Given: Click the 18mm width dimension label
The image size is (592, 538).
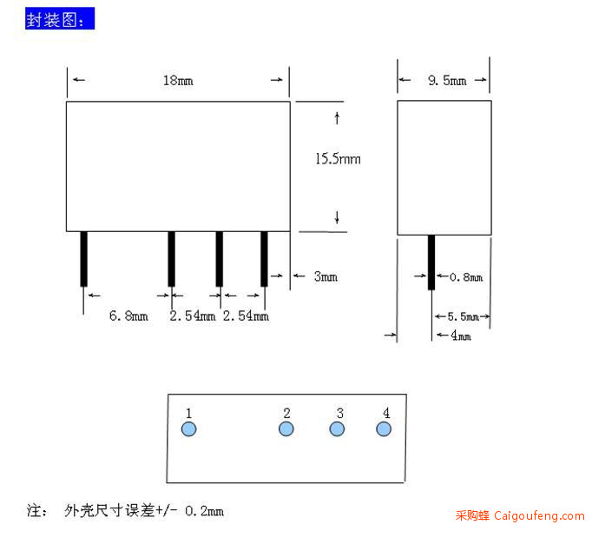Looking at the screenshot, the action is pos(178,81).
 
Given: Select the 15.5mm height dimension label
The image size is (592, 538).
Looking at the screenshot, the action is pos(338,159).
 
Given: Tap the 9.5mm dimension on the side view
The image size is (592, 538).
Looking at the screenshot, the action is pos(447,80).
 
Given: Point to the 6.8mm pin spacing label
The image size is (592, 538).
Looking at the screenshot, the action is pos(128,315).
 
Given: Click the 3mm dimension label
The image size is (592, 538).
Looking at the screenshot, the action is pos(326,276).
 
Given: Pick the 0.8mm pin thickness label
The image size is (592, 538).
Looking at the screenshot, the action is pos(466,277).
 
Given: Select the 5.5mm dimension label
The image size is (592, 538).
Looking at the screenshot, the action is pos(464,316).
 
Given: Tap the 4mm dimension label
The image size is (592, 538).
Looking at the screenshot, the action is pos(461,335).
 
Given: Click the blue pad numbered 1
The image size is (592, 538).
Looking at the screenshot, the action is pos(188,429).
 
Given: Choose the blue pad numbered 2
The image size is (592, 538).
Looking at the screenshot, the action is pos(286,429).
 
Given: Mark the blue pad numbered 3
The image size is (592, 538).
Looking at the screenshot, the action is pos(337,429).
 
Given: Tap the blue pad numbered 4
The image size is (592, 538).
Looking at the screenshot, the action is pos(384,429).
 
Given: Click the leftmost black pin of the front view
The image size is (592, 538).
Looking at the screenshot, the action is pos(84,259).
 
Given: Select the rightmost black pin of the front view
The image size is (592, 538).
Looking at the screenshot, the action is pos(264,259).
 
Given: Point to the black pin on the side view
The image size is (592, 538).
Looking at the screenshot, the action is pos(431,262).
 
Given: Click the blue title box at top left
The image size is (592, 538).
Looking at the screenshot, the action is pos(60,18).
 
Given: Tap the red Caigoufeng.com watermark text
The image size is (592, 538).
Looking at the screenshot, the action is pos(520,515).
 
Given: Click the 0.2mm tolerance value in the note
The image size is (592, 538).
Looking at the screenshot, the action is pos(204,511).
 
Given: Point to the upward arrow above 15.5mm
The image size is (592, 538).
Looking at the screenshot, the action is pos(337,118).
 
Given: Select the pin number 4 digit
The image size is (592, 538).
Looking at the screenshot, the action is pos(386,413).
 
